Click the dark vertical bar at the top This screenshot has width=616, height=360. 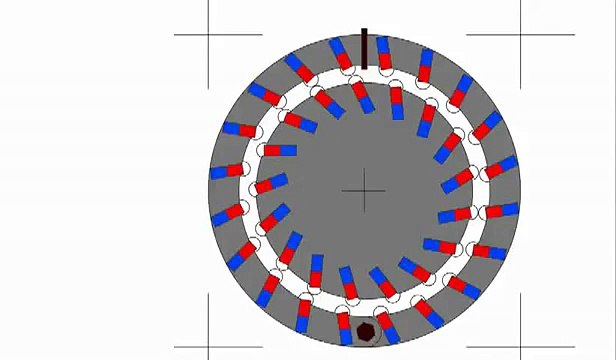click(x=364, y=48)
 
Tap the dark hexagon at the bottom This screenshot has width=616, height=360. click(x=366, y=331)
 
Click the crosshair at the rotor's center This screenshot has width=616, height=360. click(x=367, y=190)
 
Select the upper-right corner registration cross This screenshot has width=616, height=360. click(x=521, y=35)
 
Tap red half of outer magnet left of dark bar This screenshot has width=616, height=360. click(x=342, y=60)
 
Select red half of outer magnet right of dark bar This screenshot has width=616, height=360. click(x=386, y=61)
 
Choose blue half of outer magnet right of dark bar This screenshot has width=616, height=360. click(x=383, y=46)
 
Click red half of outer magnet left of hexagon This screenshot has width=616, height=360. click(x=348, y=319)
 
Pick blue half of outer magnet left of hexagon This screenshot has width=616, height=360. click(x=345, y=334)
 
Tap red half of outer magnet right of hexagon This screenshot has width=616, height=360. click(x=385, y=319)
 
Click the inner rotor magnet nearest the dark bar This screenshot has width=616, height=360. click(x=360, y=93)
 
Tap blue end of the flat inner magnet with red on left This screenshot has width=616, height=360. click(x=289, y=150)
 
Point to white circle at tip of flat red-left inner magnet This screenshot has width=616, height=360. click(x=262, y=151)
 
